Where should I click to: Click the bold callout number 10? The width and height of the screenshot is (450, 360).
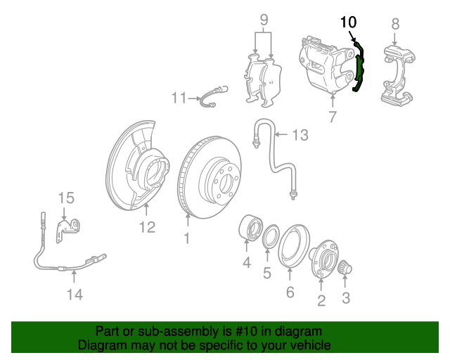349,22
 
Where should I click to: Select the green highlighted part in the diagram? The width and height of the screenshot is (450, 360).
359,67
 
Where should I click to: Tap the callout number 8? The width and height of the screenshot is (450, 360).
395,24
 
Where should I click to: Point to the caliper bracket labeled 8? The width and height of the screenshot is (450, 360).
397,75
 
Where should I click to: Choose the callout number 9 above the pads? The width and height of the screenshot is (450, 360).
264,20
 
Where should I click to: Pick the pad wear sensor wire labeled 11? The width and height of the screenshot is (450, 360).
212,96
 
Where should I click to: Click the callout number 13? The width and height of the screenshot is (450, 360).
300,135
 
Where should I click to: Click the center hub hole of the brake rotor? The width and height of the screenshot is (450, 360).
226,183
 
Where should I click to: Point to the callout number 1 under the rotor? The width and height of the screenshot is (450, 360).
187,238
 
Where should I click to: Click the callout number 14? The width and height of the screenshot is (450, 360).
75,295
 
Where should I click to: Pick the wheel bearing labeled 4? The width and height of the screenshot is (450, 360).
250,229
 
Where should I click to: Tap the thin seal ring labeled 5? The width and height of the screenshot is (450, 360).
271,236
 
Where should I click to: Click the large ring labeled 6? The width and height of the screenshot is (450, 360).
293,246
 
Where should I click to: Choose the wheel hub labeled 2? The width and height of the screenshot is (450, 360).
323,259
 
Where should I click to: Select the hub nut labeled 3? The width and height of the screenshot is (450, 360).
345,268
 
